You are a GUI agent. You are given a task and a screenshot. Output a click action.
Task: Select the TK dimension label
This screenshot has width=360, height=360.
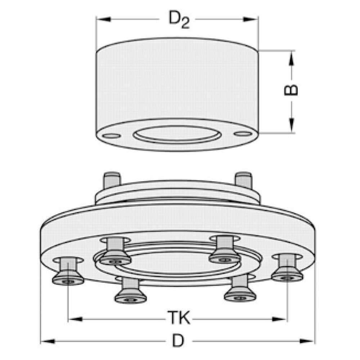point(179,318)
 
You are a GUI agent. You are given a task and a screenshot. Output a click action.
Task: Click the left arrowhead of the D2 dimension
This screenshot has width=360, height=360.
point(104,19)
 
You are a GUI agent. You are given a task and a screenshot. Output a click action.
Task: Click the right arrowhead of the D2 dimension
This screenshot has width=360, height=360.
point(251,19)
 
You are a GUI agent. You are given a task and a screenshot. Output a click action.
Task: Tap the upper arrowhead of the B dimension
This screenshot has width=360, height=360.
point(291,59)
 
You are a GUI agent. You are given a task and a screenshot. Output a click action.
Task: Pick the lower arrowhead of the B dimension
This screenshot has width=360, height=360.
point(291,125)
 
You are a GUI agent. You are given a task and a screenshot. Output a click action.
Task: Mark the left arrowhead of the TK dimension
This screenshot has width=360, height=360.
point(76,319)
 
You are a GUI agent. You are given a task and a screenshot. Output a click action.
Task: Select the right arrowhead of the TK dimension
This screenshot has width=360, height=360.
point(279,319)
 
